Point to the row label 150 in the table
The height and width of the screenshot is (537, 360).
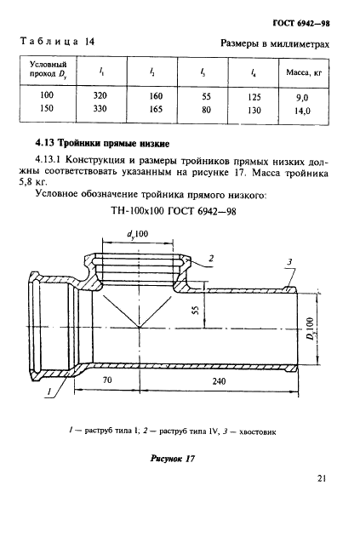(48, 110)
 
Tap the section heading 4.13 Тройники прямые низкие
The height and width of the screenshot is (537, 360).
(103, 142)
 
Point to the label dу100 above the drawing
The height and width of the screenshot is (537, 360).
(138, 233)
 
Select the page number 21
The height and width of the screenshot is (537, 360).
(322, 502)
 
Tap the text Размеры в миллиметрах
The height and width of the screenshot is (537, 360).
(274, 42)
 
